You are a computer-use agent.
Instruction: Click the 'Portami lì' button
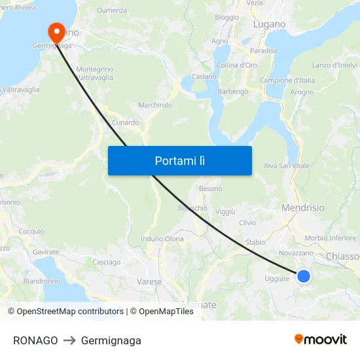pyautogui.click(x=179, y=160)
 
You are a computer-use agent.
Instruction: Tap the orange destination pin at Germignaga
pyautogui.click(x=55, y=31)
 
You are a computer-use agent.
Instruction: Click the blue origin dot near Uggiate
pyautogui.click(x=304, y=276)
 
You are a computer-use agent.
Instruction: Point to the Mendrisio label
pyautogui.click(x=302, y=207)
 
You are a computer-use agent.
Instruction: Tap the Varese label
pyautogui.click(x=149, y=281)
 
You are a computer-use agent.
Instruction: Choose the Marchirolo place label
pyautogui.click(x=155, y=105)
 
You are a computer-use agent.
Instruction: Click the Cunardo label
pyautogui.click(x=126, y=122)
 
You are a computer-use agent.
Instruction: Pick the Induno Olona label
pyautogui.click(x=162, y=239)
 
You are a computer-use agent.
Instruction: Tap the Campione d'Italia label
pyautogui.click(x=287, y=81)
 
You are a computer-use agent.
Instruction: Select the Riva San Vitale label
pyautogui.click(x=287, y=166)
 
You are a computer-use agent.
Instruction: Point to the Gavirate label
pyautogui.click(x=46, y=251)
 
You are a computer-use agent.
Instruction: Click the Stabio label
pyautogui.click(x=255, y=242)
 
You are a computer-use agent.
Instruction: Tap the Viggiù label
pyautogui.click(x=225, y=212)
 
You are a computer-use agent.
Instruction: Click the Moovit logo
pyautogui.click(x=321, y=340)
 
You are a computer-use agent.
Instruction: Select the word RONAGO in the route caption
pyautogui.click(x=35, y=340)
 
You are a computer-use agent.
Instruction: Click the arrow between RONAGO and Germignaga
pyautogui.click(x=69, y=340)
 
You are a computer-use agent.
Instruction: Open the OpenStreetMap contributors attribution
pyautogui.click(x=65, y=312)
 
